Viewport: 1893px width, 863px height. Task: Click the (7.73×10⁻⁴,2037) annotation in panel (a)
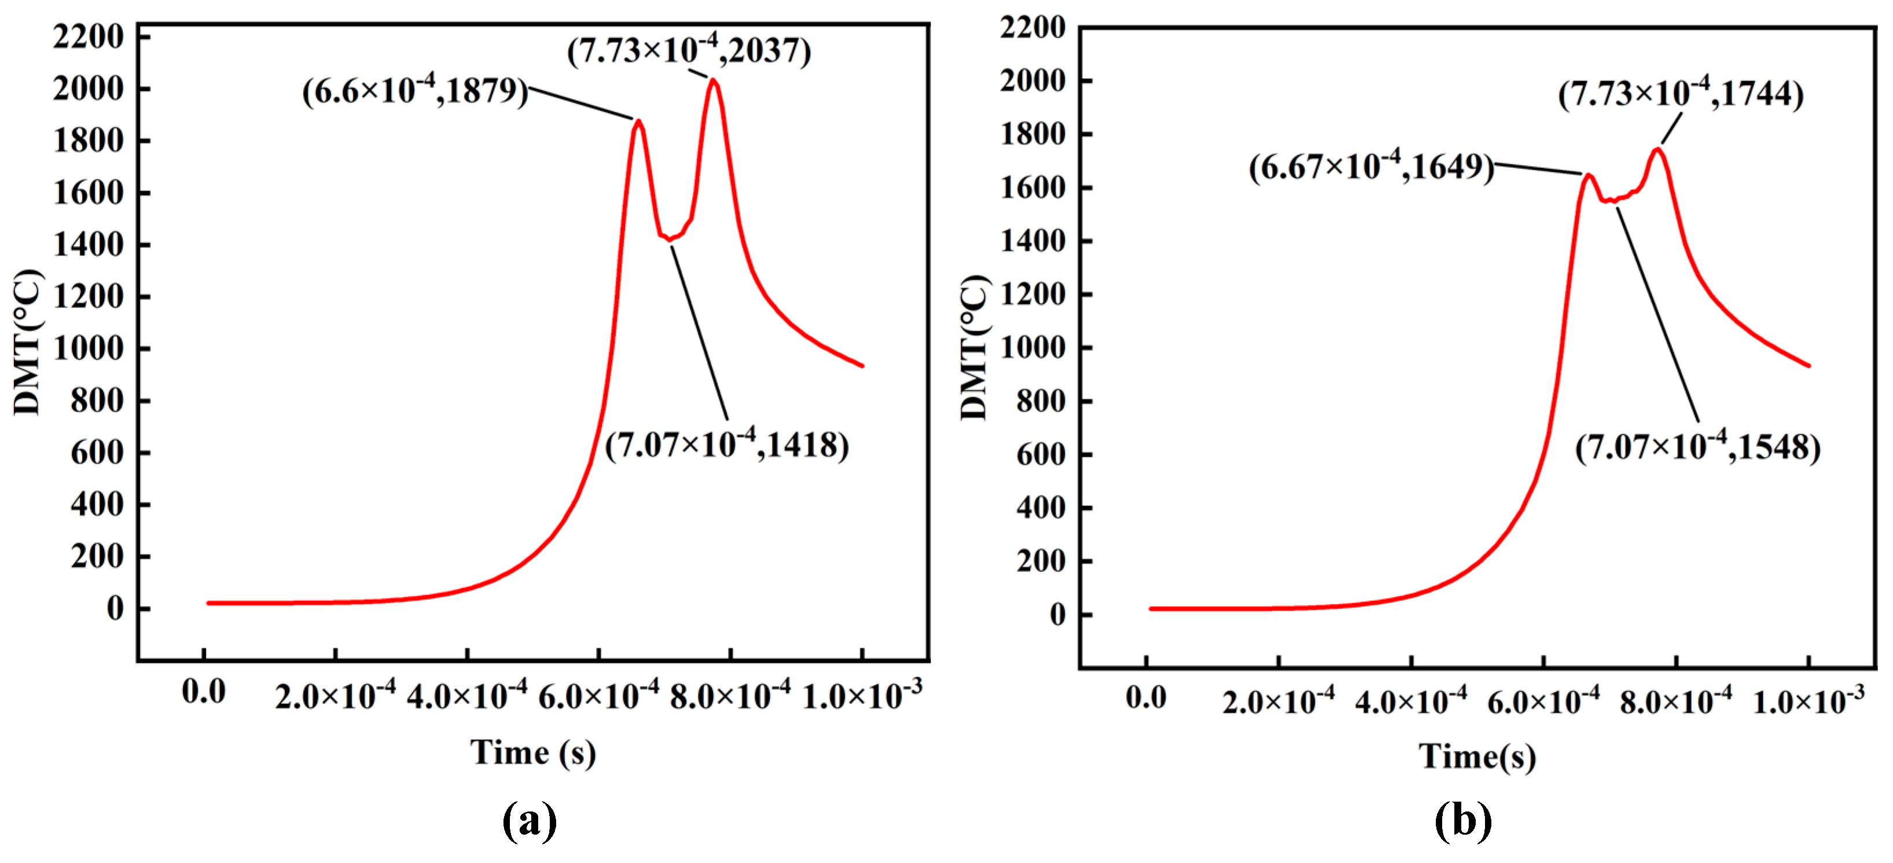(x=689, y=52)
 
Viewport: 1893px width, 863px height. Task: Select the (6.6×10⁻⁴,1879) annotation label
(x=414, y=91)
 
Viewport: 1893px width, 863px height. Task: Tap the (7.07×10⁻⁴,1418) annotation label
(x=727, y=445)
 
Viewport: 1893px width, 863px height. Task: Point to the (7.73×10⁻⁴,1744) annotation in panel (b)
(x=1681, y=95)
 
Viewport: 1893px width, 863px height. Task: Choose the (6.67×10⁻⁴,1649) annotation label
(x=1371, y=167)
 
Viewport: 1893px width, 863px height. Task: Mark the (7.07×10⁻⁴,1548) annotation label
(x=1697, y=447)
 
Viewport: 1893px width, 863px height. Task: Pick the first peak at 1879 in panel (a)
(x=638, y=122)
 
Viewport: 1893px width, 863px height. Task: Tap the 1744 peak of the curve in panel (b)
(x=1657, y=150)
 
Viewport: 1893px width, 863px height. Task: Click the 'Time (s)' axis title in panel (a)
(x=533, y=752)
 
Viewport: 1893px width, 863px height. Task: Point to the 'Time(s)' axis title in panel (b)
(x=1477, y=756)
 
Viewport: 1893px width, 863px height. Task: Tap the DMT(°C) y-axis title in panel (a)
(x=28, y=342)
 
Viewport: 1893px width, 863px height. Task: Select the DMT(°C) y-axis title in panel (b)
(x=975, y=347)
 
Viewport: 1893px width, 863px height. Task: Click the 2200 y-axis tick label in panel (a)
(x=88, y=36)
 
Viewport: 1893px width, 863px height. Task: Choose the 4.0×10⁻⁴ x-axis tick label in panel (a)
(x=466, y=695)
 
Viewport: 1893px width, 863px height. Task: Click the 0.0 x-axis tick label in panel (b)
(x=1146, y=697)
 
